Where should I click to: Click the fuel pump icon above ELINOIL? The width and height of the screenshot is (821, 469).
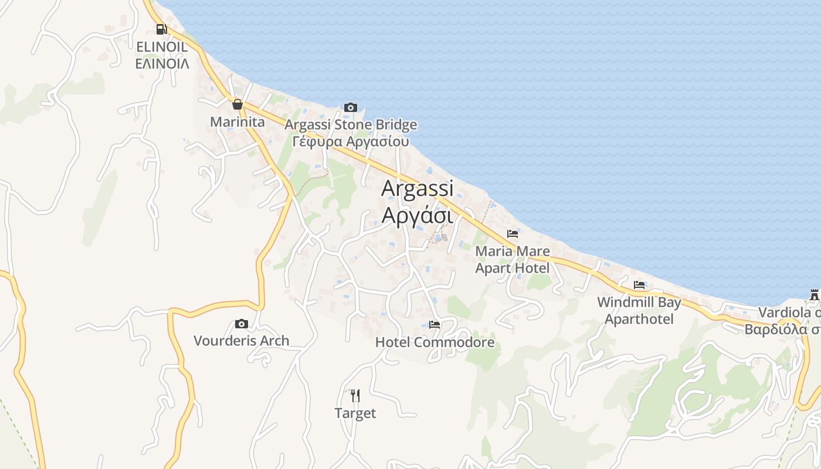pos(161,29)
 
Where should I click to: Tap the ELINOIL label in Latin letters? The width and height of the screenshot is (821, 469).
pos(162,47)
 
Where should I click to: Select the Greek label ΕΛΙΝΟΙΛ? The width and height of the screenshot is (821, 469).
pos(162,63)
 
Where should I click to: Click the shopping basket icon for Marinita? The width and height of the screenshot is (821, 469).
pos(238,104)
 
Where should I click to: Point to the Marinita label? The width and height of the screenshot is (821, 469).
pos(238,122)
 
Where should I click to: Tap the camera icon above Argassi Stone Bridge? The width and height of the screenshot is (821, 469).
pos(351,107)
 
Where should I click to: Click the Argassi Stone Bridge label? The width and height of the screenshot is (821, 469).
pos(351,124)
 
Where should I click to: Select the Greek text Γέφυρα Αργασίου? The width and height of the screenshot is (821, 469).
pos(351,141)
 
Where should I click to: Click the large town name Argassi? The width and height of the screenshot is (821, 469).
pos(417,188)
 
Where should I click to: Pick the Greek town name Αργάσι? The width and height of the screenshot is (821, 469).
pos(417,215)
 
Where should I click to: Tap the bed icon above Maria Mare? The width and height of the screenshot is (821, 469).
pos(513,234)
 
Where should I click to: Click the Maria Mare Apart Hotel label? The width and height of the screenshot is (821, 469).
pos(513,260)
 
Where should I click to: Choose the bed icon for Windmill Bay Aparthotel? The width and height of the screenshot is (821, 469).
pos(639,285)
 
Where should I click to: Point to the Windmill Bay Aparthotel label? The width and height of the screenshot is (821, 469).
pos(639,311)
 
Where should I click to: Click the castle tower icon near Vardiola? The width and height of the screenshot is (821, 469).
pos(814,294)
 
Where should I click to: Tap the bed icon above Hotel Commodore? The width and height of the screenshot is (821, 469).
pos(435,324)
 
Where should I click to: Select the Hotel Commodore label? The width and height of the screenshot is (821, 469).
pos(435,342)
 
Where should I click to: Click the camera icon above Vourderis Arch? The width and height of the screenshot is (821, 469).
pos(241,324)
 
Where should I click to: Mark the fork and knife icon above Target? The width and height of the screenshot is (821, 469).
pos(355,396)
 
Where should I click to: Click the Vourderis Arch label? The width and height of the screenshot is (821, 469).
pos(241,341)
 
